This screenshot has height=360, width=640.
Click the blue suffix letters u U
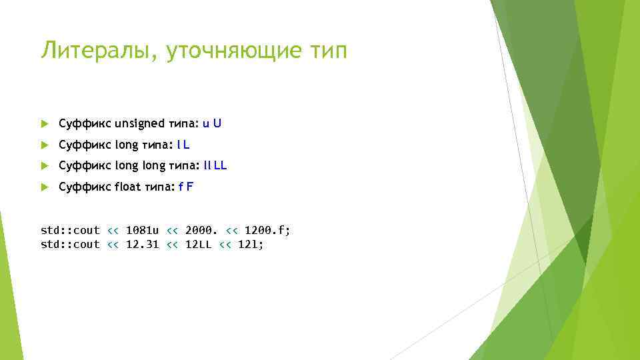click(x=212, y=123)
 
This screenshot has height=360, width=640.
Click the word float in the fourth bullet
click(x=127, y=187)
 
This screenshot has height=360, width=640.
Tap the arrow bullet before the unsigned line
click(x=45, y=123)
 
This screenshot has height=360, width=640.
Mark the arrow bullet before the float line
click(x=45, y=187)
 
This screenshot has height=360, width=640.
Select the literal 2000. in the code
click(x=201, y=230)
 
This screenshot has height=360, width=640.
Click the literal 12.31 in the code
click(x=142, y=245)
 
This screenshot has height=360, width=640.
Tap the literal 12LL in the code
click(x=198, y=245)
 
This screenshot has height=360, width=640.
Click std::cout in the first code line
click(x=70, y=230)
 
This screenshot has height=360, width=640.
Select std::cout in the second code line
click(x=70, y=245)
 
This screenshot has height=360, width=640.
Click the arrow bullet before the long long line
click(x=45, y=166)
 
